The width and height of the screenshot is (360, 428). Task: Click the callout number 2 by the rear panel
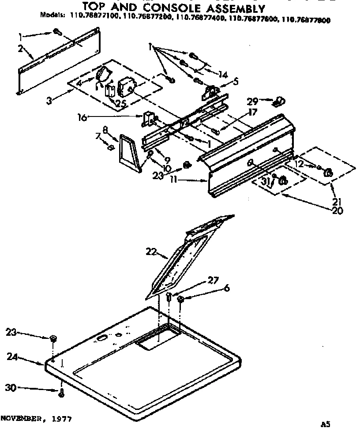coord(20,49)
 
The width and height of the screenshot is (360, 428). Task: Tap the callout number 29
coord(264,101)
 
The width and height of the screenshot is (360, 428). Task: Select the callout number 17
coord(252,113)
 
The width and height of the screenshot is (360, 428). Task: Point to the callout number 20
coord(338,210)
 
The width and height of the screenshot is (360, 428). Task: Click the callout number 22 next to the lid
coord(150,252)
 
